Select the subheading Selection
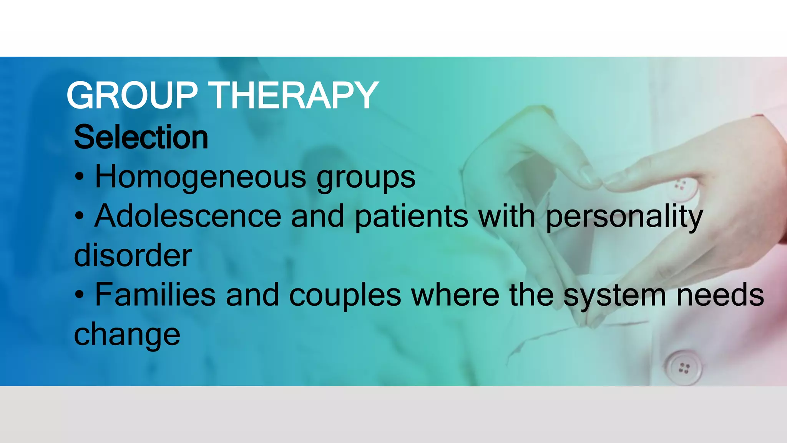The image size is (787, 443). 141,137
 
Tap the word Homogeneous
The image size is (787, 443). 200,177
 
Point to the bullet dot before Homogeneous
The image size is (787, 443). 79,177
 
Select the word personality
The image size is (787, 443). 624,218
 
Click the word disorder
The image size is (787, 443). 133,256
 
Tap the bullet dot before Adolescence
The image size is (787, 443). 79,217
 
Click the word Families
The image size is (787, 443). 155,295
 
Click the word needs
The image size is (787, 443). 720,295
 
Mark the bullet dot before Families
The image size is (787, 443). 79,295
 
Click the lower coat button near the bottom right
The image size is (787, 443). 683,368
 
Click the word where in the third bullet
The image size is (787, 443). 455,295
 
